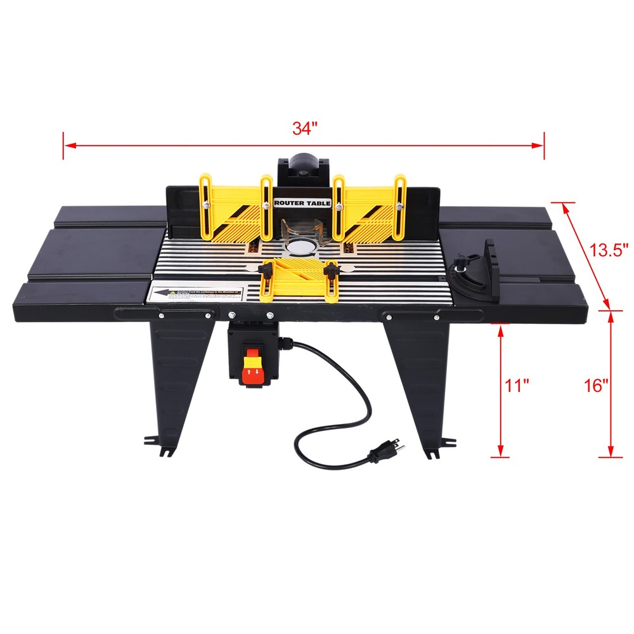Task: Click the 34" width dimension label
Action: tap(304, 128)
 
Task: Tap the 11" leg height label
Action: tap(517, 385)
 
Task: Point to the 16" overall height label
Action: tap(596, 385)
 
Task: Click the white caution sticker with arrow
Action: tap(197, 294)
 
